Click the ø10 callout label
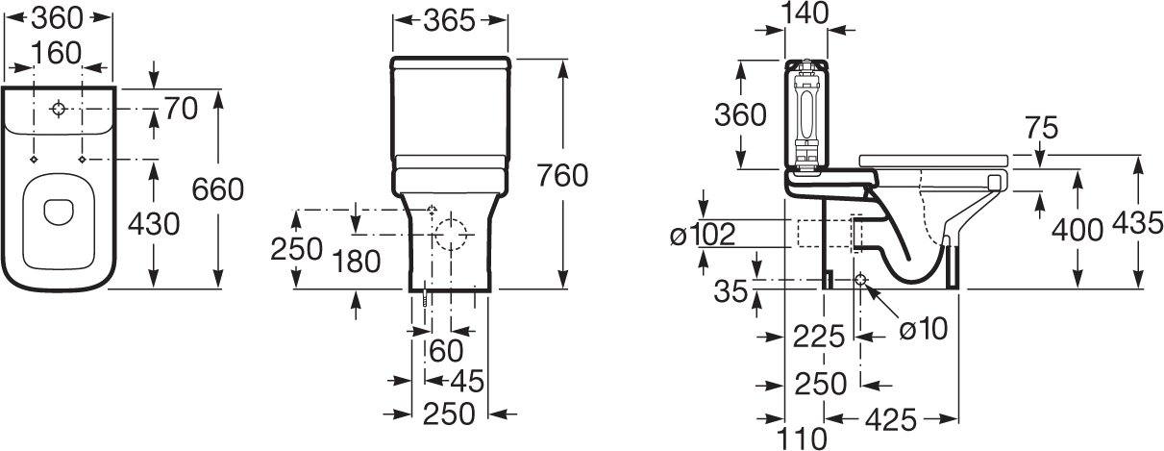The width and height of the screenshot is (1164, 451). pos(924,329)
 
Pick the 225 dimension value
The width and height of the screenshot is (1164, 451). pos(818,336)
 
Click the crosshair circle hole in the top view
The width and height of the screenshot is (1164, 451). pos(59,110)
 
